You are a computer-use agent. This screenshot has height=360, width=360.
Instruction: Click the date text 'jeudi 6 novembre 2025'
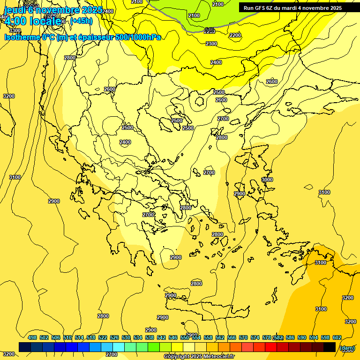click(x=54, y=9)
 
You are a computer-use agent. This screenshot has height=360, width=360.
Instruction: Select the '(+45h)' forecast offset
click(x=81, y=21)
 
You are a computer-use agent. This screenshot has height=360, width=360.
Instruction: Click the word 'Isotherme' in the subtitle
click(x=22, y=37)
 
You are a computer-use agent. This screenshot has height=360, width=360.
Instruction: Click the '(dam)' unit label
click(x=347, y=348)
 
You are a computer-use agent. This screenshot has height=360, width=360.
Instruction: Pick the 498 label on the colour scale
click(x=32, y=337)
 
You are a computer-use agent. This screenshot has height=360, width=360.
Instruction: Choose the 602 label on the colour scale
click(x=337, y=337)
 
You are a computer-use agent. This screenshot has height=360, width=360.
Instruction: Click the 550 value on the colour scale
click(x=185, y=337)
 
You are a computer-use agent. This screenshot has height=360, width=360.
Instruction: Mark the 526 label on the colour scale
click(x=114, y=337)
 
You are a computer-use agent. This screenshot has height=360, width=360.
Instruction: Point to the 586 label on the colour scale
click(x=290, y=337)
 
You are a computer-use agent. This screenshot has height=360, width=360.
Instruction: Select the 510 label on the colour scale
click(x=67, y=337)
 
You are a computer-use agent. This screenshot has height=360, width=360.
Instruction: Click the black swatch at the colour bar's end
click(x=330, y=347)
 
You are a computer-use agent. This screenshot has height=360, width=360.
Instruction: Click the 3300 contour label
click(x=15, y=30)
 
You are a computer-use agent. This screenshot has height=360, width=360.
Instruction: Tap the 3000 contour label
click(x=267, y=180)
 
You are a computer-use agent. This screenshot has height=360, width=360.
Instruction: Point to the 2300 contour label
click(x=211, y=44)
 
